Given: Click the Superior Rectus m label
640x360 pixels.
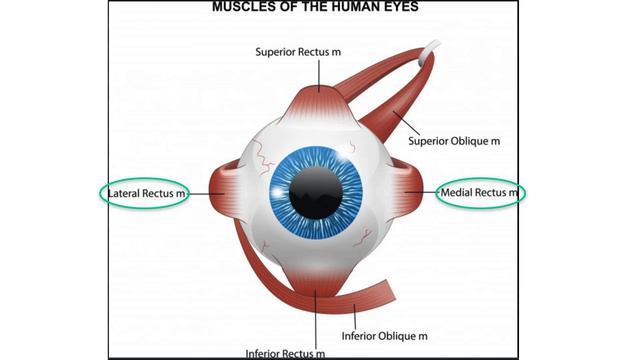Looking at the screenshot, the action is pyautogui.click(x=298, y=52).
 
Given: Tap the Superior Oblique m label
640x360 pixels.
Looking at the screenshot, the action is pyautogui.click(x=454, y=141).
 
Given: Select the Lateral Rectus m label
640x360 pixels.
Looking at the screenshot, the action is pyautogui.click(x=146, y=193).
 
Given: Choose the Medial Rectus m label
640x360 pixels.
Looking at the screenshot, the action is pyautogui.click(x=479, y=192).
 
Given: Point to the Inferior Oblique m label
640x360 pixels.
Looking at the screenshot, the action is pyautogui.click(x=384, y=336).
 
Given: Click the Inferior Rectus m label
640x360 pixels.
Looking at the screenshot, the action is pyautogui.click(x=285, y=353).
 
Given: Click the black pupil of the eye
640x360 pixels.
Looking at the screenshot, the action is pyautogui.click(x=316, y=193).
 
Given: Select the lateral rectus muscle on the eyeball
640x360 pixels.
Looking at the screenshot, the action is pyautogui.click(x=223, y=192).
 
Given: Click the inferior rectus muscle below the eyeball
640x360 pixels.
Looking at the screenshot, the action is pyautogui.click(x=316, y=282).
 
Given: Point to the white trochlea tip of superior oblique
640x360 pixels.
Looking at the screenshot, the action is pyautogui.click(x=430, y=49).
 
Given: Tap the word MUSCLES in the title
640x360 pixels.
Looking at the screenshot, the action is pyautogui.click(x=240, y=7).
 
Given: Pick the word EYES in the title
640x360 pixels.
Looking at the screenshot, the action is pyautogui.click(x=402, y=7).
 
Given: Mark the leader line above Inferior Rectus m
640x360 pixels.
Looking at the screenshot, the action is pyautogui.click(x=316, y=319).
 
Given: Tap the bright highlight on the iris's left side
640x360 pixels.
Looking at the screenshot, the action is pyautogui.click(x=278, y=192).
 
